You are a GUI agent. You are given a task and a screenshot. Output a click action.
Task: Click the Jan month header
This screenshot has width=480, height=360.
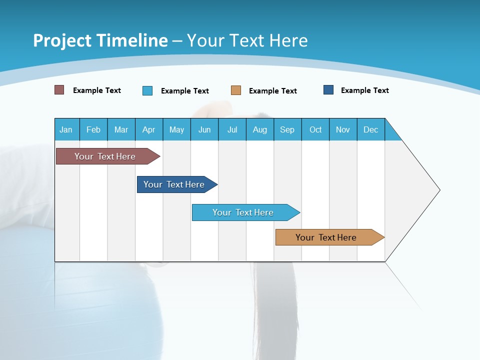[66, 129]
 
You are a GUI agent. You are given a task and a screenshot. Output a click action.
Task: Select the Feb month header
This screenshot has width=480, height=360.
[93, 129]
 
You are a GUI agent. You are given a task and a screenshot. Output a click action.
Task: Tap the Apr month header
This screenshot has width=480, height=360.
[149, 129]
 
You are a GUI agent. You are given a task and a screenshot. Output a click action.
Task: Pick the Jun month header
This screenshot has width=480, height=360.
[204, 129]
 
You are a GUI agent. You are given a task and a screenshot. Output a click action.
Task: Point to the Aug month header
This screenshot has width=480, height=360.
[260, 129]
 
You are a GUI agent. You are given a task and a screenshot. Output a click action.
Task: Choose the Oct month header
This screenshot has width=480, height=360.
[315, 129]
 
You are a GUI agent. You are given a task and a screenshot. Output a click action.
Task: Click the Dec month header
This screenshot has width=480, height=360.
[371, 129]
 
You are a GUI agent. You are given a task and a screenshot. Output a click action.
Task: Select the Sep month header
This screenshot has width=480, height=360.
[287, 129]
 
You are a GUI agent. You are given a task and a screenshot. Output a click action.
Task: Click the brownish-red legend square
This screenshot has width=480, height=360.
[59, 90]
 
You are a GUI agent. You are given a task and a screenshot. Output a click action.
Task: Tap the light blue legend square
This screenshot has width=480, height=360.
[147, 90]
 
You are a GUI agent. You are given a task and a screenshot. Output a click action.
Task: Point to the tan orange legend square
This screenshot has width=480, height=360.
[236, 90]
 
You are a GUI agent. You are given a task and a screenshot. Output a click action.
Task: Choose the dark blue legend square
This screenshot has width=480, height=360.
[328, 90]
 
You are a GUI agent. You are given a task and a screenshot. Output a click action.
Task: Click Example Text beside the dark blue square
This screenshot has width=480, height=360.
[364, 90]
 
